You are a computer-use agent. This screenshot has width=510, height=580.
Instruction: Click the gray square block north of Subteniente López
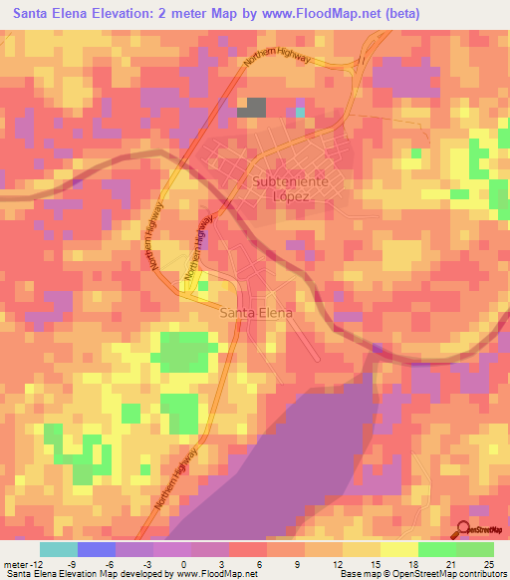[x=253, y=108]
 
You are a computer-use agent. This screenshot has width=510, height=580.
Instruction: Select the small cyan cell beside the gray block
[x=300, y=112]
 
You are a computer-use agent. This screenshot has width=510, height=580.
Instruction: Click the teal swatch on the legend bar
[x=58, y=549]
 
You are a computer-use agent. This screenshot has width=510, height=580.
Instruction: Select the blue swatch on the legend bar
[x=96, y=549]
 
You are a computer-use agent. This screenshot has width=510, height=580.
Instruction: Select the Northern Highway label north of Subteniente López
[x=279, y=75]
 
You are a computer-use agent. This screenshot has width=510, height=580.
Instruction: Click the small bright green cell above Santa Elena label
[x=203, y=287]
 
